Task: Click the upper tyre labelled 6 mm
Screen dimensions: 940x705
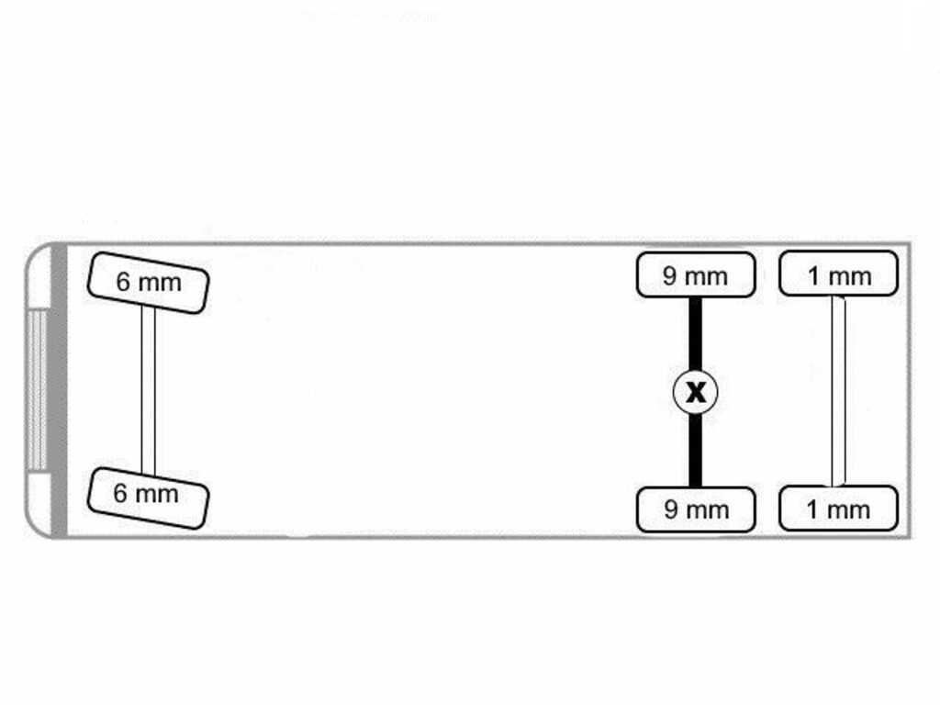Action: tap(148, 283)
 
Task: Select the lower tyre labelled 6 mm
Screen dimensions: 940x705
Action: tap(148, 498)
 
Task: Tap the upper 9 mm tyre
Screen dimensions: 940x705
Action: tap(696, 274)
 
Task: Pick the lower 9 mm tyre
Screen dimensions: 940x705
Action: tap(696, 509)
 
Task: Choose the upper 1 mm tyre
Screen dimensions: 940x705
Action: tap(838, 274)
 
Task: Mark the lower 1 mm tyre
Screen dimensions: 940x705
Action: tap(838, 509)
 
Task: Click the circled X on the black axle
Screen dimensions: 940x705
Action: tap(696, 392)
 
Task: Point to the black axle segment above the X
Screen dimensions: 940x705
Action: tap(696, 334)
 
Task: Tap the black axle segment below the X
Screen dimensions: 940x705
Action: tap(696, 450)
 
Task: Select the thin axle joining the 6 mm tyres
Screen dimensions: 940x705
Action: tap(148, 391)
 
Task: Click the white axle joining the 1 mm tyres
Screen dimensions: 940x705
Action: tap(838, 391)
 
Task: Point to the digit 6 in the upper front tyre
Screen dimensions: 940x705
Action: tap(123, 281)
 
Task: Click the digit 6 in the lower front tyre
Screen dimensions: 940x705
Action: tap(120, 493)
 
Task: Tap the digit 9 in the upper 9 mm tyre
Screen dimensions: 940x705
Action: tap(669, 275)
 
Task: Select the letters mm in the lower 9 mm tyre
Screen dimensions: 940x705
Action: tap(707, 511)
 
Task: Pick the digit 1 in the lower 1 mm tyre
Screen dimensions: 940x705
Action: tap(812, 509)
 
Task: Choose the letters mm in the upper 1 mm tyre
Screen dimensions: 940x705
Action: tap(849, 277)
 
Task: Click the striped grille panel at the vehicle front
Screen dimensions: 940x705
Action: tap(37, 389)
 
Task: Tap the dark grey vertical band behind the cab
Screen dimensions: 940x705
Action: tap(60, 389)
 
